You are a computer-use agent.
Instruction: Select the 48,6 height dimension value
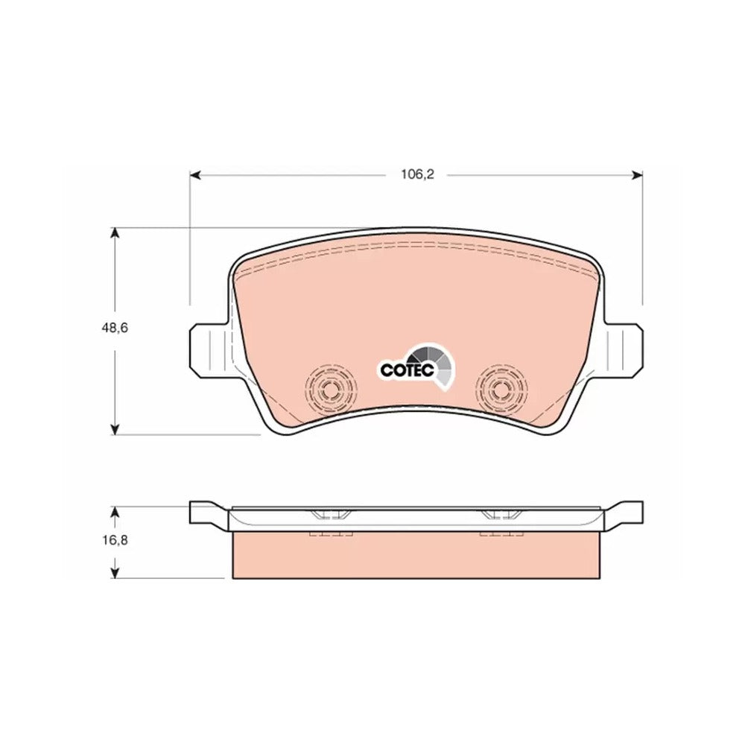click(114, 328)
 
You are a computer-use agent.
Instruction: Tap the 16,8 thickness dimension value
click(114, 540)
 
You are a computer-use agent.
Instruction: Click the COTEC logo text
click(407, 370)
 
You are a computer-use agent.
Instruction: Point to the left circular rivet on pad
click(330, 390)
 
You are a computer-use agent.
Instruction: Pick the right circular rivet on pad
click(502, 390)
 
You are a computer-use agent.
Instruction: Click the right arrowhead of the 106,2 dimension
click(636, 176)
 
